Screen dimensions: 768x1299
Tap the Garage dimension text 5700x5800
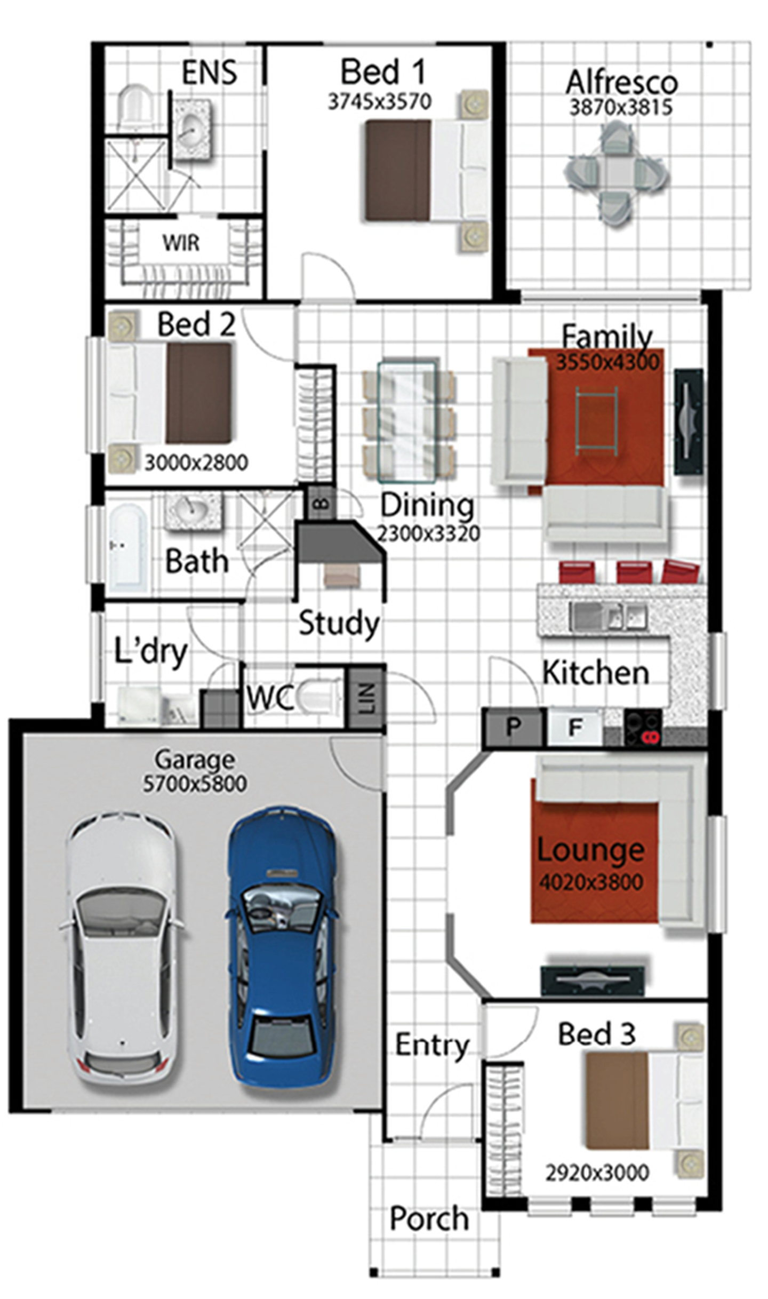click(195, 784)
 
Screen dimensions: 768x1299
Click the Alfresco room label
click(621, 82)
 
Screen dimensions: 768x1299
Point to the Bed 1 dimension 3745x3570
click(380, 101)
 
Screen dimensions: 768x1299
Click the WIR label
click(181, 243)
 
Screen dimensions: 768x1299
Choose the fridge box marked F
click(575, 727)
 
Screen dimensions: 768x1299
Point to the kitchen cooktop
click(643, 728)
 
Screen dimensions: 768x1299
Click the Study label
click(339, 623)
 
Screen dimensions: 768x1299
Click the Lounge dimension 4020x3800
click(591, 882)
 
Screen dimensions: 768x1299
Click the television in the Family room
click(688, 421)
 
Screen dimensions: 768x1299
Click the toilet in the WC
click(318, 697)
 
